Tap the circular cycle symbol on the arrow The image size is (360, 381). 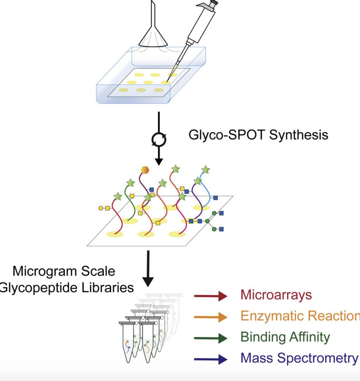pos(159,140)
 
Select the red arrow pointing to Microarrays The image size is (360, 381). pos(210,296)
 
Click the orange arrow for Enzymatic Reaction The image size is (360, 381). pos(210,317)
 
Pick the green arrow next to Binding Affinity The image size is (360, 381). pos(210,338)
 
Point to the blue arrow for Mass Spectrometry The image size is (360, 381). pos(210,359)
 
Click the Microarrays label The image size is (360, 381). pos(276,295)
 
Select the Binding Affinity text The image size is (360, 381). pos(285,337)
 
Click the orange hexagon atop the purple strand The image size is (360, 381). pos(145,170)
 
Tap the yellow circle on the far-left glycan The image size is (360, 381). pos(101,208)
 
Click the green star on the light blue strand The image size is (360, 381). pos(205,170)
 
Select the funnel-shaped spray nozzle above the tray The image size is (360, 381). pos(152,35)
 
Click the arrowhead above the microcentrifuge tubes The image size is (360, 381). pos(148,282)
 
